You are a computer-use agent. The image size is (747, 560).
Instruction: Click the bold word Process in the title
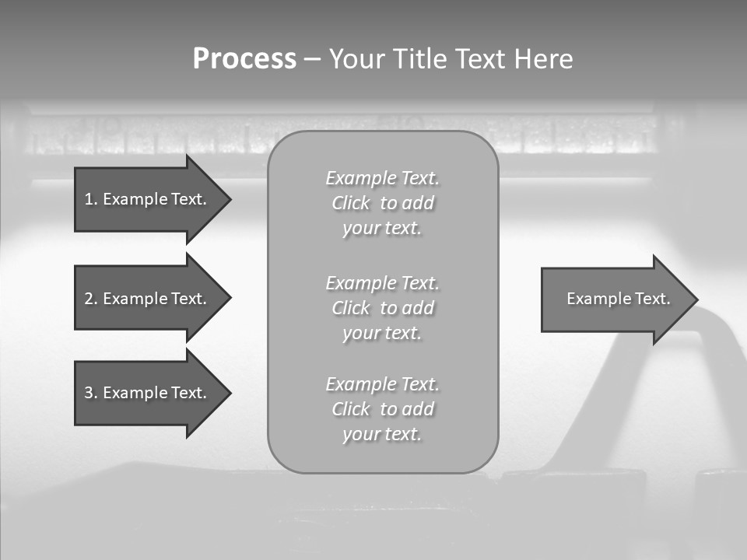tap(244, 59)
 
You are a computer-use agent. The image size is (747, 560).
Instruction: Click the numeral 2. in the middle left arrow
tap(90, 299)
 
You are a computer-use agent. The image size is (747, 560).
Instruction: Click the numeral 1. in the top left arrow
tap(90, 199)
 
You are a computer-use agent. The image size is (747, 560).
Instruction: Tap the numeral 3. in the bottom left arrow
tap(90, 393)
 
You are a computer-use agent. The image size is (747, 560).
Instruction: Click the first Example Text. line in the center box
tap(382, 178)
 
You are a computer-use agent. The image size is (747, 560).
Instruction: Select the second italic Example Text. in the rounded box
tap(382, 283)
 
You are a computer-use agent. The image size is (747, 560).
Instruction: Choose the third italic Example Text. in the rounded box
tap(382, 384)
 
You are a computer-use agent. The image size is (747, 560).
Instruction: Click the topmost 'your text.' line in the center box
tap(382, 229)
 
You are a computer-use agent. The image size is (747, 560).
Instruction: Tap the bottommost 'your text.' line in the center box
tap(382, 434)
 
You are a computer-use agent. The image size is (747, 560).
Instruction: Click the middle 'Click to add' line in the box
tap(382, 308)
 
